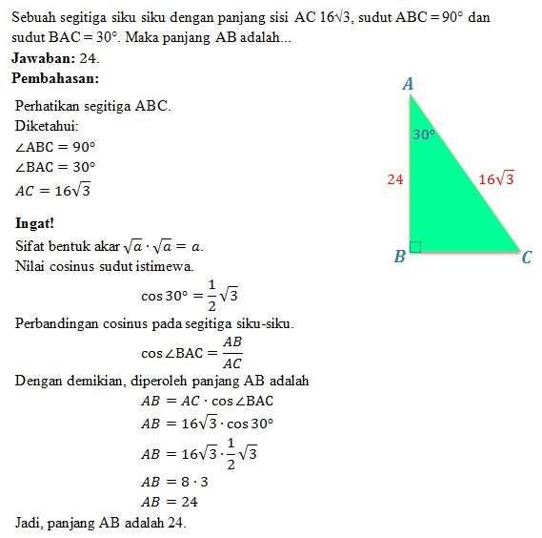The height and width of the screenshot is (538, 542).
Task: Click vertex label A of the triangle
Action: click(x=408, y=85)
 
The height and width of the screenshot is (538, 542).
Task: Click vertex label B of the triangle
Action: click(x=400, y=256)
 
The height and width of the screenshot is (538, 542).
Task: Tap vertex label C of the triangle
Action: click(x=527, y=257)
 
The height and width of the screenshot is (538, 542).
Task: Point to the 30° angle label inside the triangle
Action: click(x=424, y=135)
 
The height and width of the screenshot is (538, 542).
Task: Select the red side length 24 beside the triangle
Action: click(x=395, y=178)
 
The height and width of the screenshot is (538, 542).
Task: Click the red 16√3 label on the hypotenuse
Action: click(x=496, y=178)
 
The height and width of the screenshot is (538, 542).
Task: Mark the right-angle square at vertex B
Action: click(x=415, y=246)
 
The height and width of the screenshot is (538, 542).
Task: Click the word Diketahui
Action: click(x=47, y=126)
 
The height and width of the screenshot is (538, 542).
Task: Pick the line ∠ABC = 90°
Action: click(x=55, y=147)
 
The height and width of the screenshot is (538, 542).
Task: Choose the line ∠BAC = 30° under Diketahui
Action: click(x=55, y=167)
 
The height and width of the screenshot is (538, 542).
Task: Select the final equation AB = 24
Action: click(x=170, y=502)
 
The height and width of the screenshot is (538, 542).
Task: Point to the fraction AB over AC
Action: click(x=231, y=352)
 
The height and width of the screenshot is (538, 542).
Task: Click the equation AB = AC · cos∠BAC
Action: click(x=207, y=401)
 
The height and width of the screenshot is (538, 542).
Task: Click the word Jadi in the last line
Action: click(x=29, y=523)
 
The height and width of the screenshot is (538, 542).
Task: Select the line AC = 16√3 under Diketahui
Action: click(x=53, y=190)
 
